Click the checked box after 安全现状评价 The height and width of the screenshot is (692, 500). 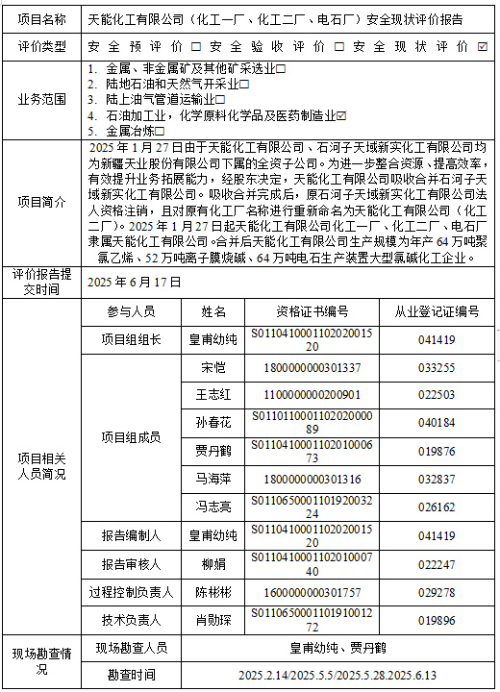[x=482, y=46]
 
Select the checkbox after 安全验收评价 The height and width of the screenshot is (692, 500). [x=343, y=46]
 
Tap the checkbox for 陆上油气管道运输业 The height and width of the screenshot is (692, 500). [x=220, y=99]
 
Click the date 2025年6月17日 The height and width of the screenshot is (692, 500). [x=134, y=282]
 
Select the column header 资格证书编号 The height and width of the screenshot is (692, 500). [x=306, y=312]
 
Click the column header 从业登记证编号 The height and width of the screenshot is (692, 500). [x=437, y=312]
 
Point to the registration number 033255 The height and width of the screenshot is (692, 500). [x=437, y=367]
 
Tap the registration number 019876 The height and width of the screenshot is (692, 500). [x=437, y=451]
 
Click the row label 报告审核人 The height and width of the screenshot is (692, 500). [x=132, y=564]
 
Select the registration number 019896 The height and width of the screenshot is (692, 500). [x=437, y=620]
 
